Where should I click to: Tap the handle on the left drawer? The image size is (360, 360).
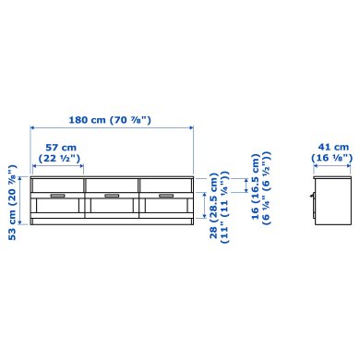coord(57,196)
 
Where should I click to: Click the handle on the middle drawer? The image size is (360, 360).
coord(112,196)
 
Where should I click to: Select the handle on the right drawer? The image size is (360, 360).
coord(165,196)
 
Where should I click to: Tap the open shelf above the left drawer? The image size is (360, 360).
coord(57,185)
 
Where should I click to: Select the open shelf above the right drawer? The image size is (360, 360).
coord(165,185)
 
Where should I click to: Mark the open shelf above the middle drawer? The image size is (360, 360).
coord(112,185)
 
